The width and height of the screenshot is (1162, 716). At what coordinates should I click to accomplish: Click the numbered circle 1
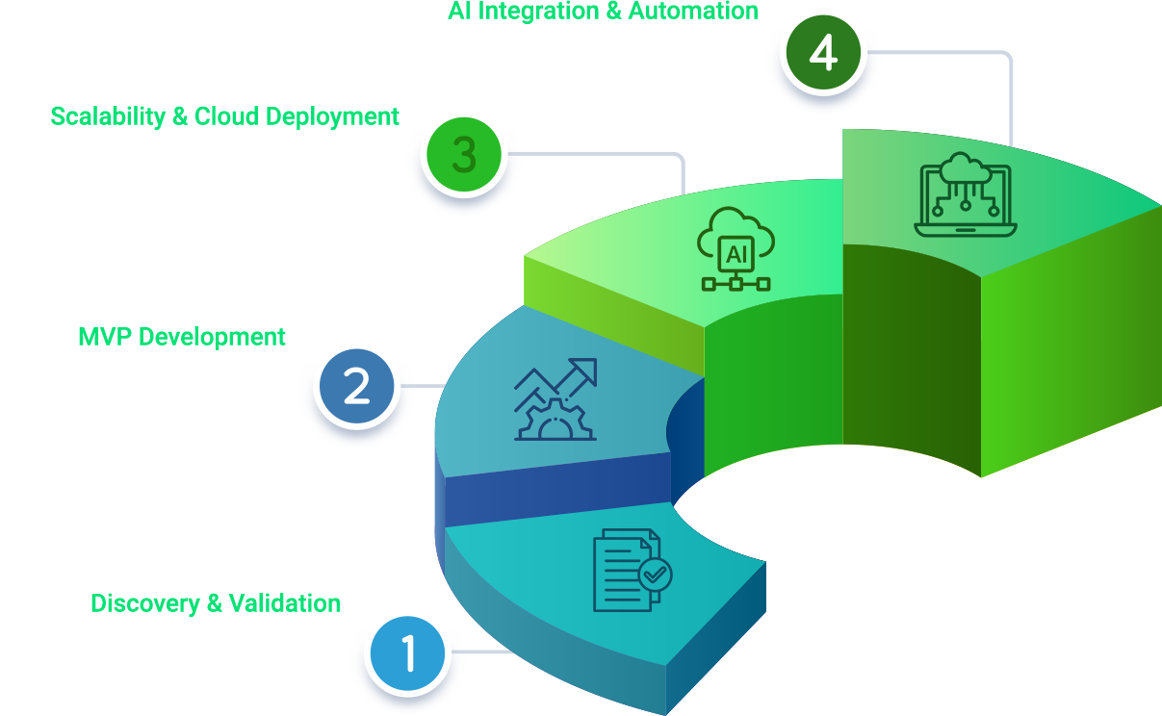point(408,653)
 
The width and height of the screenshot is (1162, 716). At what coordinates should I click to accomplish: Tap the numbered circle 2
point(356,388)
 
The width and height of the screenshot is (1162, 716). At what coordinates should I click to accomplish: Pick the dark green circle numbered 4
point(823,55)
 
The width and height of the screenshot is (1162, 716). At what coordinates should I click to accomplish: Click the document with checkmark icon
point(632,570)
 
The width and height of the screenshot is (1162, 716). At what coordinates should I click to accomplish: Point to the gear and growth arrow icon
point(556,399)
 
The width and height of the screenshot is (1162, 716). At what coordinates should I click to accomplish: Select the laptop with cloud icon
point(965,194)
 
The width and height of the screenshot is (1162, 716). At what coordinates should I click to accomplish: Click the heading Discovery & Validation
point(216,603)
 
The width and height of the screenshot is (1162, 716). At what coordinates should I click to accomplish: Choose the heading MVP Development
point(182,337)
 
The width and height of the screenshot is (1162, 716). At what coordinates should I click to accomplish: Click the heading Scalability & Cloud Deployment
point(224,116)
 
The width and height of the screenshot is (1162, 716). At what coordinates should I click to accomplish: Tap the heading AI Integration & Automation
point(603,12)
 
